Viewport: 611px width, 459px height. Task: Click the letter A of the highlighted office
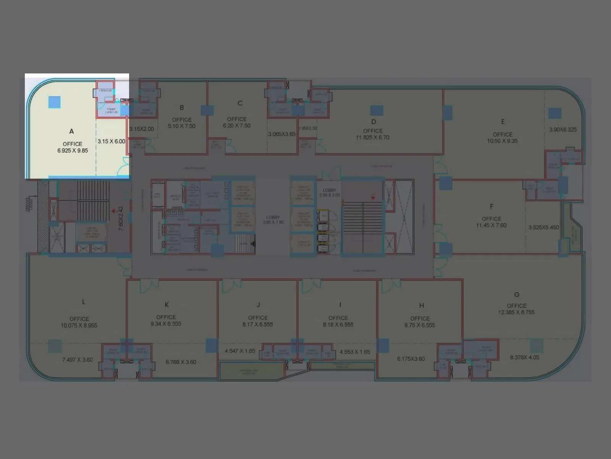[71, 131]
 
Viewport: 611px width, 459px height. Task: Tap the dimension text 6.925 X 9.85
[73, 151]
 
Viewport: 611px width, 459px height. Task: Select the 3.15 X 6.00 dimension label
[111, 142]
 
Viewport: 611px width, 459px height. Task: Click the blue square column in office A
[54, 102]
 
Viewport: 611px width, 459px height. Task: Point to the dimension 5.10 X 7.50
[182, 126]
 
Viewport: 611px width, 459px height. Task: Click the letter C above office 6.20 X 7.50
[240, 103]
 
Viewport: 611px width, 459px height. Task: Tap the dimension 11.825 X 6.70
[373, 138]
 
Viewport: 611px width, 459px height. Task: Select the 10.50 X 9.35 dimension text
[502, 141]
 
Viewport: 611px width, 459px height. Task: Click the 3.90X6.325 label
[563, 130]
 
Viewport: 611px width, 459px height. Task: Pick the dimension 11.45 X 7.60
[491, 225]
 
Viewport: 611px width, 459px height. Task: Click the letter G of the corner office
[517, 295]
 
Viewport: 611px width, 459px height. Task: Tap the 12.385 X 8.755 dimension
[516, 313]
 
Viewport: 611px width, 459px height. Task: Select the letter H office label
[422, 306]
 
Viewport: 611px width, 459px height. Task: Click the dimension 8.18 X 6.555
[338, 325]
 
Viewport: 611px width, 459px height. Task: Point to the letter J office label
[258, 305]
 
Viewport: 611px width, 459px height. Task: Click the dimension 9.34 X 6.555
[166, 324]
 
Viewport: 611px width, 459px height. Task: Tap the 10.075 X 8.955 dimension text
[79, 326]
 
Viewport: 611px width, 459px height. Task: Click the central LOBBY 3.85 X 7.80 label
[273, 220]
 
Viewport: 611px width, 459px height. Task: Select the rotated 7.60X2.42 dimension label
[121, 218]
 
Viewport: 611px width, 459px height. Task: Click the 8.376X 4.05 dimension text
[524, 358]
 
